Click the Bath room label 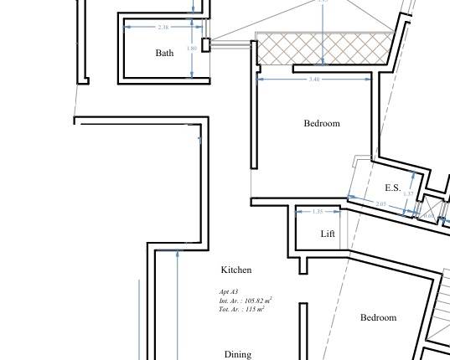coord(164,53)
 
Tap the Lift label coord(328,234)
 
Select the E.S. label coord(392,188)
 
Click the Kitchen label coord(235,270)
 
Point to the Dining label coord(237,354)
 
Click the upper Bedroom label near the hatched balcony coord(322,123)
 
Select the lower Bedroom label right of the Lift coord(378,317)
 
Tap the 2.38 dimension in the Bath coord(163,28)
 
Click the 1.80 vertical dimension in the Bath coord(191,49)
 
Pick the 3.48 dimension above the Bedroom coord(314,80)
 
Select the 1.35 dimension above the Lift coord(318,212)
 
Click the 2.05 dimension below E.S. coord(381,204)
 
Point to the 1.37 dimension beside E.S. coord(407,194)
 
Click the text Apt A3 coord(229,291)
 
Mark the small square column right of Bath coord(205,45)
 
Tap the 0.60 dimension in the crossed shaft coord(428,216)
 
